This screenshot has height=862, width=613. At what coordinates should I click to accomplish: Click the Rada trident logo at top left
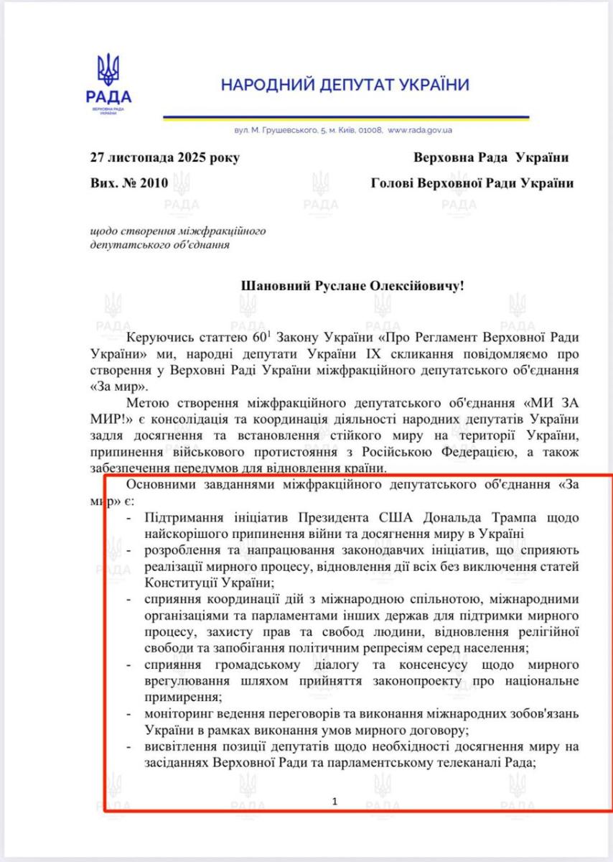[108, 79]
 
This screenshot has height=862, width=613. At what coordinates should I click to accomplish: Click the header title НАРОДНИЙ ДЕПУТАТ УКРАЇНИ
[345, 85]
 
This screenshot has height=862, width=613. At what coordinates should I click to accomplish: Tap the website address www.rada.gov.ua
[419, 131]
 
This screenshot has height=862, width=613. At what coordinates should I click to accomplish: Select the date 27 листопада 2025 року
[165, 158]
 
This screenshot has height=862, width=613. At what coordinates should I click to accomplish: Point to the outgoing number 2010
[154, 183]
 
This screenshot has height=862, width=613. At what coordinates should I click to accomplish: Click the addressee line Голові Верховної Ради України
[472, 183]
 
